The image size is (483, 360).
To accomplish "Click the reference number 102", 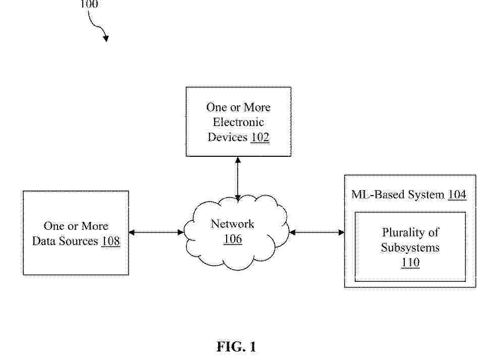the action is pos(260,137).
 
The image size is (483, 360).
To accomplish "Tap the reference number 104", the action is pos(457,195).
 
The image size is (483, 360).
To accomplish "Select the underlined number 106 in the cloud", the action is pos(233,239).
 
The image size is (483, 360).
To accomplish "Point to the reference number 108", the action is pos(111,241).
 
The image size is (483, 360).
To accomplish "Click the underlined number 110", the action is pos(410,263).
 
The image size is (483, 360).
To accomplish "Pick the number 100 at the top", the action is pos(89,4).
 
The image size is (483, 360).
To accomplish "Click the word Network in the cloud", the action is pos(233,224).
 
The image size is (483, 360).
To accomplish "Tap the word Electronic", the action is pos(238,122).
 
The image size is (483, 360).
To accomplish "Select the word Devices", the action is pos(227,137).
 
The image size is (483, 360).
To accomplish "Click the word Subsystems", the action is pos(410,248).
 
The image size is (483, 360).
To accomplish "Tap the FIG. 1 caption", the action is pos(236,347).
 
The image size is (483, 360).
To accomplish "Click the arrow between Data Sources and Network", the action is pos(156,232).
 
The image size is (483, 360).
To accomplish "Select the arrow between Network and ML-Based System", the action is pos(317,232).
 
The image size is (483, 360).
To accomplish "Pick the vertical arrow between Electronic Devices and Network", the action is pos(238,179).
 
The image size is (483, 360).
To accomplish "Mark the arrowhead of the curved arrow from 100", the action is pos(106,38).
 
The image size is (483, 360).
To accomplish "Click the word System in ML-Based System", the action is pos(426,195).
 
